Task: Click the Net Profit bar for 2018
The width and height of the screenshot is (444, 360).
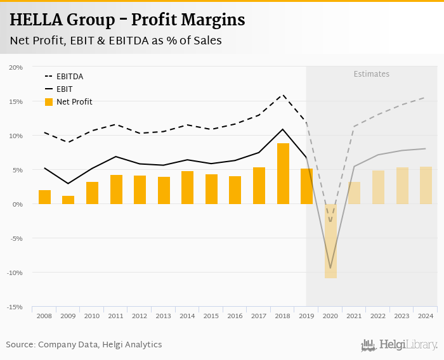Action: [283, 174]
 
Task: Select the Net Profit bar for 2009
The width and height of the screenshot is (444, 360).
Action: [68, 200]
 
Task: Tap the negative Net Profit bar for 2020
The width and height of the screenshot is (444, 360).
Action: [330, 241]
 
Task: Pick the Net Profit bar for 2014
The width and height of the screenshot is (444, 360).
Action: [187, 188]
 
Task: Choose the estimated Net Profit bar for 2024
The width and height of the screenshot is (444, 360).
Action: [426, 185]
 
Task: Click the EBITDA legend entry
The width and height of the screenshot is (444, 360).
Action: [69, 77]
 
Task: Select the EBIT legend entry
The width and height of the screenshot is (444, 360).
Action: [64, 89]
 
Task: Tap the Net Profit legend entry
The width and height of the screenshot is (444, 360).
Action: [74, 102]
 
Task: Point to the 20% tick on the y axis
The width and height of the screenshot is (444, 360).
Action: [16, 67]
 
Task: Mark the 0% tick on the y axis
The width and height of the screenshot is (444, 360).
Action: [18, 204]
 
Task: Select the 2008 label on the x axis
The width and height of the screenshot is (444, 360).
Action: [44, 316]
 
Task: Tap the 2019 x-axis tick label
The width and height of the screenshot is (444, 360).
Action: [306, 316]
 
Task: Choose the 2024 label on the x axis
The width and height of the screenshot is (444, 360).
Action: [426, 316]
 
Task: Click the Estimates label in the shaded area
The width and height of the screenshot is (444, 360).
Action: [371, 74]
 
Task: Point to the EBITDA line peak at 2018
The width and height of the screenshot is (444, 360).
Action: [283, 95]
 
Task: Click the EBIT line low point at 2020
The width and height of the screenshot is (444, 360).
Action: [330, 268]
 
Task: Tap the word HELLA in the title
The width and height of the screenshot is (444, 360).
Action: [36, 20]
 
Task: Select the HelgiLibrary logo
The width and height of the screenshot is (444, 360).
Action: [399, 345]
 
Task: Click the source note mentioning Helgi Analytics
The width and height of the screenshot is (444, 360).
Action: [84, 345]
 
